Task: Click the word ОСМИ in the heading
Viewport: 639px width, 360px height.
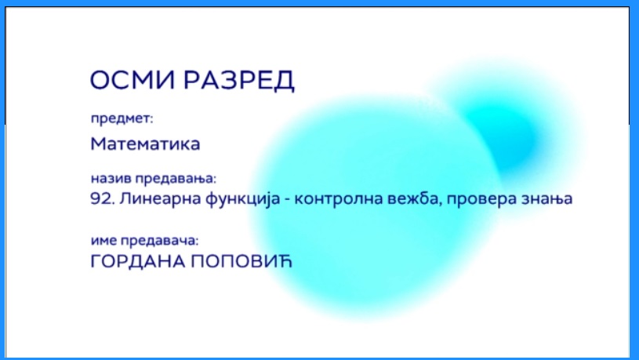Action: pos(133,79)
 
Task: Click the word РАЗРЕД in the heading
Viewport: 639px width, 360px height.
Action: pos(239,81)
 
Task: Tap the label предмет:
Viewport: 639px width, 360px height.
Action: pos(122,118)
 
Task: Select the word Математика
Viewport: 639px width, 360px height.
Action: pos(145,144)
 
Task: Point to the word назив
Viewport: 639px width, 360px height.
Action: pos(111,178)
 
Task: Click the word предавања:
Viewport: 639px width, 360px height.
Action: pos(176,179)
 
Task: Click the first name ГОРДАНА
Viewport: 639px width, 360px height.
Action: pos(137,261)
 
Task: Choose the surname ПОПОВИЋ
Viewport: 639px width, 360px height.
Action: pos(241,261)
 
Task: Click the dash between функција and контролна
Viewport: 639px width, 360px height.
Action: pos(287,199)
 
